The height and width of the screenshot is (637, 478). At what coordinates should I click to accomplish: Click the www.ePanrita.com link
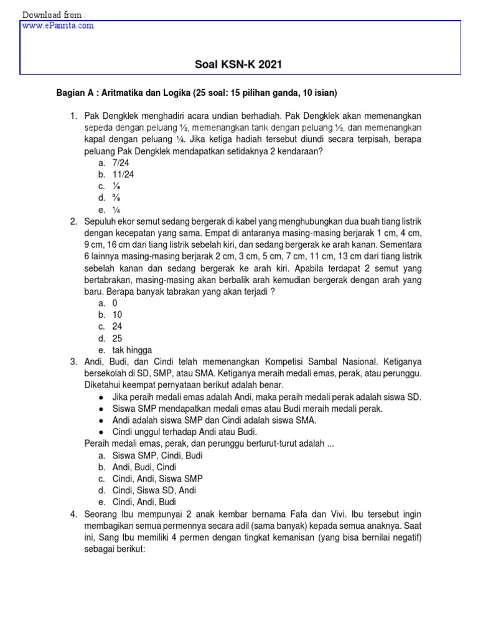click(58, 26)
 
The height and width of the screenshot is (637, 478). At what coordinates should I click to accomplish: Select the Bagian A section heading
click(197, 93)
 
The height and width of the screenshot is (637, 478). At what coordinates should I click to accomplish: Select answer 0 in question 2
click(115, 303)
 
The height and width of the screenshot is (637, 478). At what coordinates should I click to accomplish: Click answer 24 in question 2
click(118, 327)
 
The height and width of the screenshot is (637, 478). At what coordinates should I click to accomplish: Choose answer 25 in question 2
click(118, 338)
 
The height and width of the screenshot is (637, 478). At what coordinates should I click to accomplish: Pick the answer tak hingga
click(132, 350)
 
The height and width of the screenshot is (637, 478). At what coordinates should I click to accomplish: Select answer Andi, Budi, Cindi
click(144, 467)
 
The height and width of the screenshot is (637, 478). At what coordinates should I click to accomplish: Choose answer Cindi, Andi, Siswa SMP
click(157, 479)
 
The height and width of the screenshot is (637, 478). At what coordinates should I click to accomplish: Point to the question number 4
click(73, 514)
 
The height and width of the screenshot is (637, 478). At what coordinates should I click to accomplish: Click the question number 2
click(73, 221)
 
